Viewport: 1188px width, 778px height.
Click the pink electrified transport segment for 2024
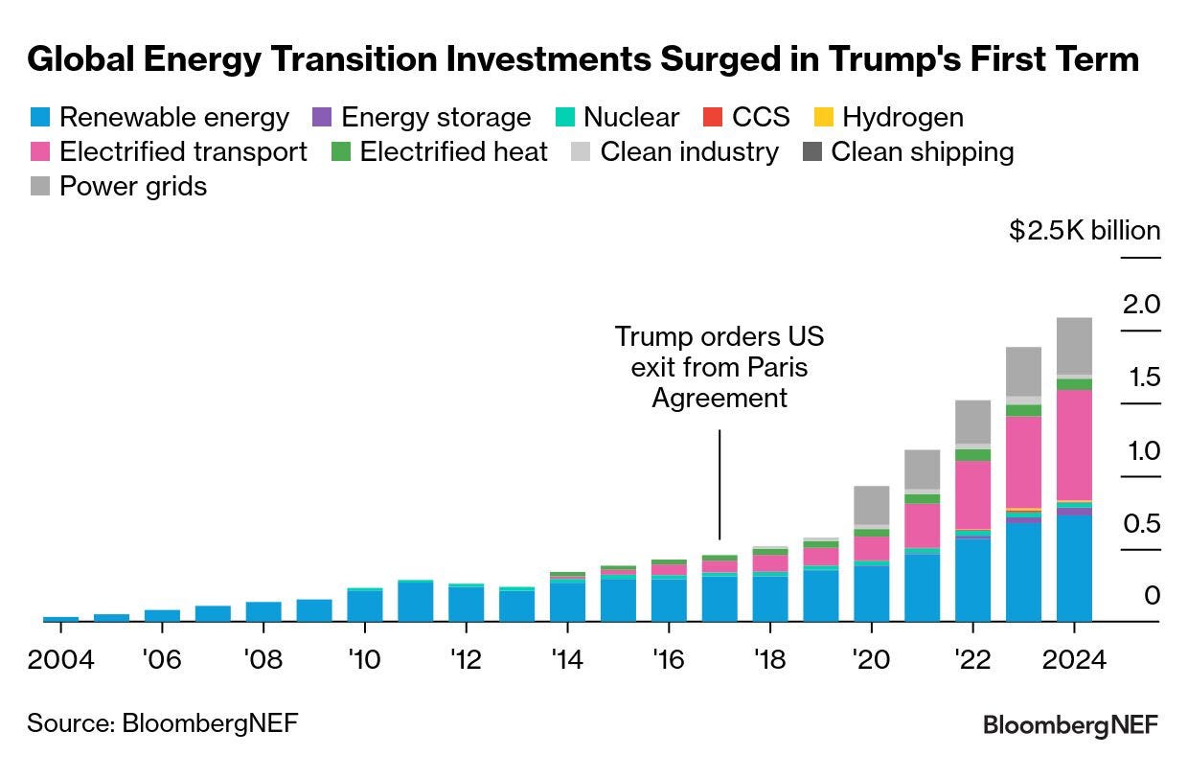tap(1074, 445)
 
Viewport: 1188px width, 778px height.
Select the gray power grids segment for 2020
tap(872, 505)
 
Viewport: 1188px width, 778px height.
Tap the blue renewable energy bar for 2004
tap(60, 619)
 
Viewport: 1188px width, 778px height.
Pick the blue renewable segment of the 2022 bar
tap(972, 581)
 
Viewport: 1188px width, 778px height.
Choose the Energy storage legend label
tap(436, 118)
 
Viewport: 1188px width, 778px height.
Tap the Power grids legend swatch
tap(41, 185)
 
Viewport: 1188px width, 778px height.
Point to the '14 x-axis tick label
tap(568, 660)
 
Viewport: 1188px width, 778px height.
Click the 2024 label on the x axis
tap(1073, 660)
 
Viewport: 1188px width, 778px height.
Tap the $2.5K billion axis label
tap(1085, 230)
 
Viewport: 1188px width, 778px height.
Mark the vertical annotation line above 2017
tap(720, 484)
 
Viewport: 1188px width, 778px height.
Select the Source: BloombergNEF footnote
tap(162, 722)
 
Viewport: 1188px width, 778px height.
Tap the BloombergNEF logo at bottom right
tap(1070, 725)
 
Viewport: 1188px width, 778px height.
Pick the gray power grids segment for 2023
tap(1023, 372)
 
